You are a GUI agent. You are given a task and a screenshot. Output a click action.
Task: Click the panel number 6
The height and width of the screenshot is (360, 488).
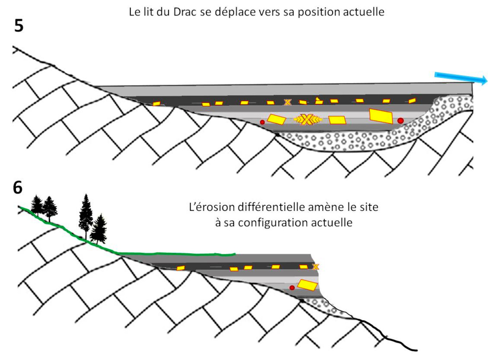tap(18, 188)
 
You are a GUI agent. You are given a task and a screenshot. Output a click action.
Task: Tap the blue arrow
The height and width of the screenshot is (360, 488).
tap(460, 78)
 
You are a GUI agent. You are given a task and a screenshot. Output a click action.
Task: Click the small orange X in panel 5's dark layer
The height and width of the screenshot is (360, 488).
tap(287, 102)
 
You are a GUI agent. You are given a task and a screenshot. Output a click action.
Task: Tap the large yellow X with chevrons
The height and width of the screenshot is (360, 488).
tap(308, 120)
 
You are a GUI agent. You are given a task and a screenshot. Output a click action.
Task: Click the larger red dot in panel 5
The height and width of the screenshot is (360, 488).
tap(400, 120)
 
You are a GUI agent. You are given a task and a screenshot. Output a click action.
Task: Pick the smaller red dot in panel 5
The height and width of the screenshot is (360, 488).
tap(262, 122)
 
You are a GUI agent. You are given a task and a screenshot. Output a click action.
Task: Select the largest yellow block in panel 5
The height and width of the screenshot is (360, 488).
tap(381, 116)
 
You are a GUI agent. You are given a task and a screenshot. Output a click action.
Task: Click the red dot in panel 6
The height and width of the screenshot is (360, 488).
tap(292, 288)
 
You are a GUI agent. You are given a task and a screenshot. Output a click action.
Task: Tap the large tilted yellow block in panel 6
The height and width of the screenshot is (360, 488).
tap(308, 285)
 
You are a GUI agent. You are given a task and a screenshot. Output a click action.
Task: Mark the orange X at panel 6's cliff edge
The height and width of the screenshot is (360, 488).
tap(316, 266)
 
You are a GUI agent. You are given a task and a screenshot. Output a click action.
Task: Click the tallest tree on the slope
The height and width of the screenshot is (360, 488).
tap(86, 215)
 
